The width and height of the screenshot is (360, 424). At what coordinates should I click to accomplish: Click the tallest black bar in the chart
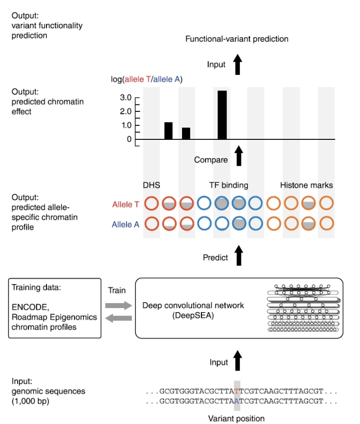222,115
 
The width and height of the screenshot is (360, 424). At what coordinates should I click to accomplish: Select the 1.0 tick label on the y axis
125,125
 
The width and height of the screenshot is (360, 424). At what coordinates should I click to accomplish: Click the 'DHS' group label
151,185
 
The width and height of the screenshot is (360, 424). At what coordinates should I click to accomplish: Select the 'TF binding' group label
228,185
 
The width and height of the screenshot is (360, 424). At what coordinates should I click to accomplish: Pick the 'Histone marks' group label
306,185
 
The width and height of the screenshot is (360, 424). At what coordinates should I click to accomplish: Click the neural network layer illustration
304,309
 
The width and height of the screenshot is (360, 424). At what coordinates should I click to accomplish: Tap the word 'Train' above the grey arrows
116,290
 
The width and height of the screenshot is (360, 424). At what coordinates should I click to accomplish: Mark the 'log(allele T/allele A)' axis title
146,78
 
